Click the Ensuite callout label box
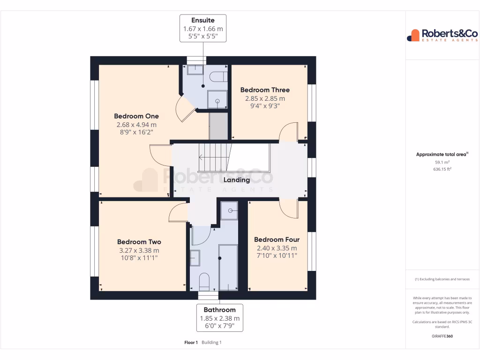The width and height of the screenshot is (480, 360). click(203, 28)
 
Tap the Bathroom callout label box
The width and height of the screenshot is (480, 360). click(220, 318)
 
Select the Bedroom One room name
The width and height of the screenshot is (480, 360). click(136, 116)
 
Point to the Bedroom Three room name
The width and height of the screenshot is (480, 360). click(265, 90)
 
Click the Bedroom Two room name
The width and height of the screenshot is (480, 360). click(139, 242)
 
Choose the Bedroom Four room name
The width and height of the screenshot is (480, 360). click(277, 240)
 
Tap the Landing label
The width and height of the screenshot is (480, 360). click(237, 180)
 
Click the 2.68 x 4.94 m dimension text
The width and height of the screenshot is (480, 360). click(136, 125)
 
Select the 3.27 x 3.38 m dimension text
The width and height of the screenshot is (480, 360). click(139, 250)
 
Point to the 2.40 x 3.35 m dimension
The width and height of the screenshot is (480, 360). click(277, 248)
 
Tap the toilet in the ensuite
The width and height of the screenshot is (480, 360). click(218, 77)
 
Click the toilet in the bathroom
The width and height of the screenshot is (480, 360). click(204, 282)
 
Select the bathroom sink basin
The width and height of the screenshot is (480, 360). click(195, 258)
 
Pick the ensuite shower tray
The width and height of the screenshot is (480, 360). click(217, 99)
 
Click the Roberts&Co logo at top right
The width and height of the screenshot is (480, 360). click(442, 35)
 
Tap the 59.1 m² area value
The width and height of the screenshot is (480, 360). click(442, 162)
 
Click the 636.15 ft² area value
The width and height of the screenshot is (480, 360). click(442, 169)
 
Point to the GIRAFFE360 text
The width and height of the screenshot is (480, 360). click(442, 336)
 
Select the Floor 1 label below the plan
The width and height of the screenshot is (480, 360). click(191, 343)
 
